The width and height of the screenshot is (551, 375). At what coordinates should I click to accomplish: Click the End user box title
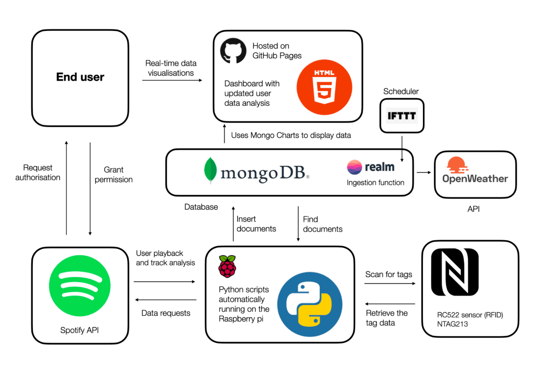80,77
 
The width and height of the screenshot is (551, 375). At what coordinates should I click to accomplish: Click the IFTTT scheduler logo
402,116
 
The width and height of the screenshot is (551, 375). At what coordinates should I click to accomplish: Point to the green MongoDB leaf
210,171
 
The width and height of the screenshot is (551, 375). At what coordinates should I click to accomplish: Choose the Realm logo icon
354,167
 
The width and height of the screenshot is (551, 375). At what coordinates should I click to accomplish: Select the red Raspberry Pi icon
227,266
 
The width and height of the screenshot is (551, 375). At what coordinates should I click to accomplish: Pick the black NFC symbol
455,273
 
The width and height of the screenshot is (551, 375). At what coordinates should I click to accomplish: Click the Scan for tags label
388,274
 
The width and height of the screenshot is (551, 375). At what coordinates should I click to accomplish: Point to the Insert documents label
256,224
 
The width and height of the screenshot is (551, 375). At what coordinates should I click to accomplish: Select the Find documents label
322,224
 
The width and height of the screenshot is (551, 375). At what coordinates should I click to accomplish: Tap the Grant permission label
113,174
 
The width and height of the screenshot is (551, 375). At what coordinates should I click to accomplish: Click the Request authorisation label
38,172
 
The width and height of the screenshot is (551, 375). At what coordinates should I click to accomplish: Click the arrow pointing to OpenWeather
424,172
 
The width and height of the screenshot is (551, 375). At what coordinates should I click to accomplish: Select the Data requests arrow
165,300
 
